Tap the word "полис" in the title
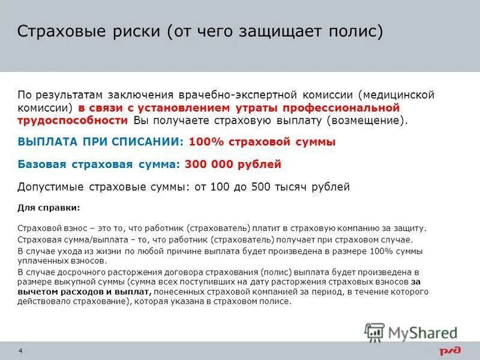[356, 31]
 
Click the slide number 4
[21, 350]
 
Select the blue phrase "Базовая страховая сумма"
[98, 164]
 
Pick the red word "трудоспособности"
[72, 120]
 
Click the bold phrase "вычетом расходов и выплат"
[84, 292]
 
